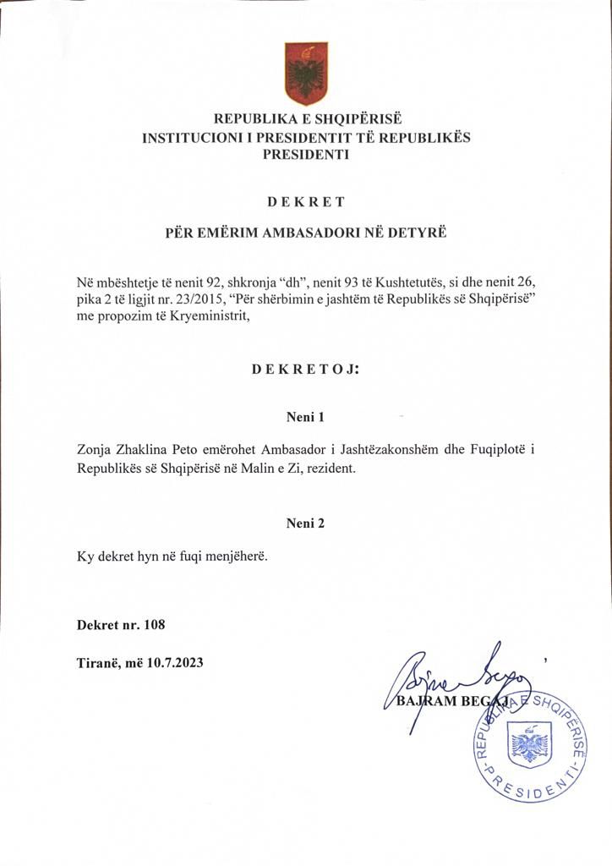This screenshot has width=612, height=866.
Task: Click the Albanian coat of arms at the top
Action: click(x=306, y=74)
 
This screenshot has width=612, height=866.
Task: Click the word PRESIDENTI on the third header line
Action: click(x=306, y=155)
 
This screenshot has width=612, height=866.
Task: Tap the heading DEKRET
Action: click(x=306, y=202)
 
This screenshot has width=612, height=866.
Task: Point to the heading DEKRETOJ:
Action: click(x=306, y=370)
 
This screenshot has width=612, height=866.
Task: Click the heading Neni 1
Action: click(x=306, y=417)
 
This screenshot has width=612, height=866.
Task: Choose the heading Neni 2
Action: click(x=306, y=523)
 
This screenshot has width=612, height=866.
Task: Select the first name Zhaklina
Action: click(x=146, y=450)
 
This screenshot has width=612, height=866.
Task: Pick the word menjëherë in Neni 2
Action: click(x=238, y=557)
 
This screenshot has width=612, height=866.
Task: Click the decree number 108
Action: click(x=154, y=626)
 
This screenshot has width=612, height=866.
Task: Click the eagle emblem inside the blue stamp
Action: click(x=530, y=747)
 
